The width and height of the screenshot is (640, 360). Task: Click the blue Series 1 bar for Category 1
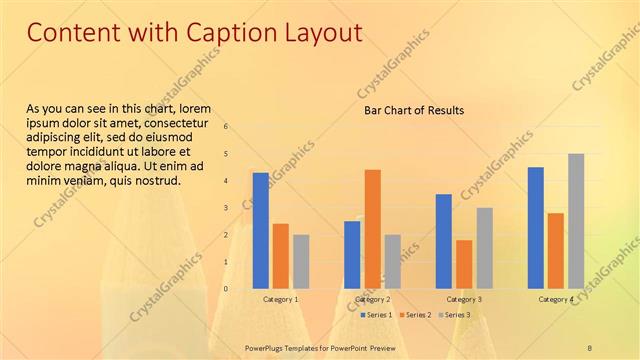tap(260, 230)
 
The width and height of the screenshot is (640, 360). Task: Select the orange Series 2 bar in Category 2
tap(372, 228)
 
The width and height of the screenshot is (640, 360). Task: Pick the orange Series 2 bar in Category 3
tap(464, 264)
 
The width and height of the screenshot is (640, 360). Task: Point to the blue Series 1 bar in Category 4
tap(536, 227)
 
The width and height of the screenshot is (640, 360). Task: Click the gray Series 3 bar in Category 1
tap(301, 261)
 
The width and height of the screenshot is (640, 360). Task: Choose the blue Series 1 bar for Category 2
tap(352, 254)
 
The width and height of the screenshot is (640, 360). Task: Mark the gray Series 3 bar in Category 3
tap(484, 248)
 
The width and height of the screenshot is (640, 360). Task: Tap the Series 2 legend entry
tap(415, 315)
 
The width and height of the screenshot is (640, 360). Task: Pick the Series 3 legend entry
tap(454, 315)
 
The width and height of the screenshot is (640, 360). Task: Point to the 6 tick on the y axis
tap(226, 127)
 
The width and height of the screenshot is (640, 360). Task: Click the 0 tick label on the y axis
tap(226, 289)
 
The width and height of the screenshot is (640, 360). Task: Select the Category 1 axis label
tap(281, 299)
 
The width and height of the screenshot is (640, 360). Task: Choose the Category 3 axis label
tap(464, 299)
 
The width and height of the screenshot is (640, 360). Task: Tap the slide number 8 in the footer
tap(590, 347)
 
